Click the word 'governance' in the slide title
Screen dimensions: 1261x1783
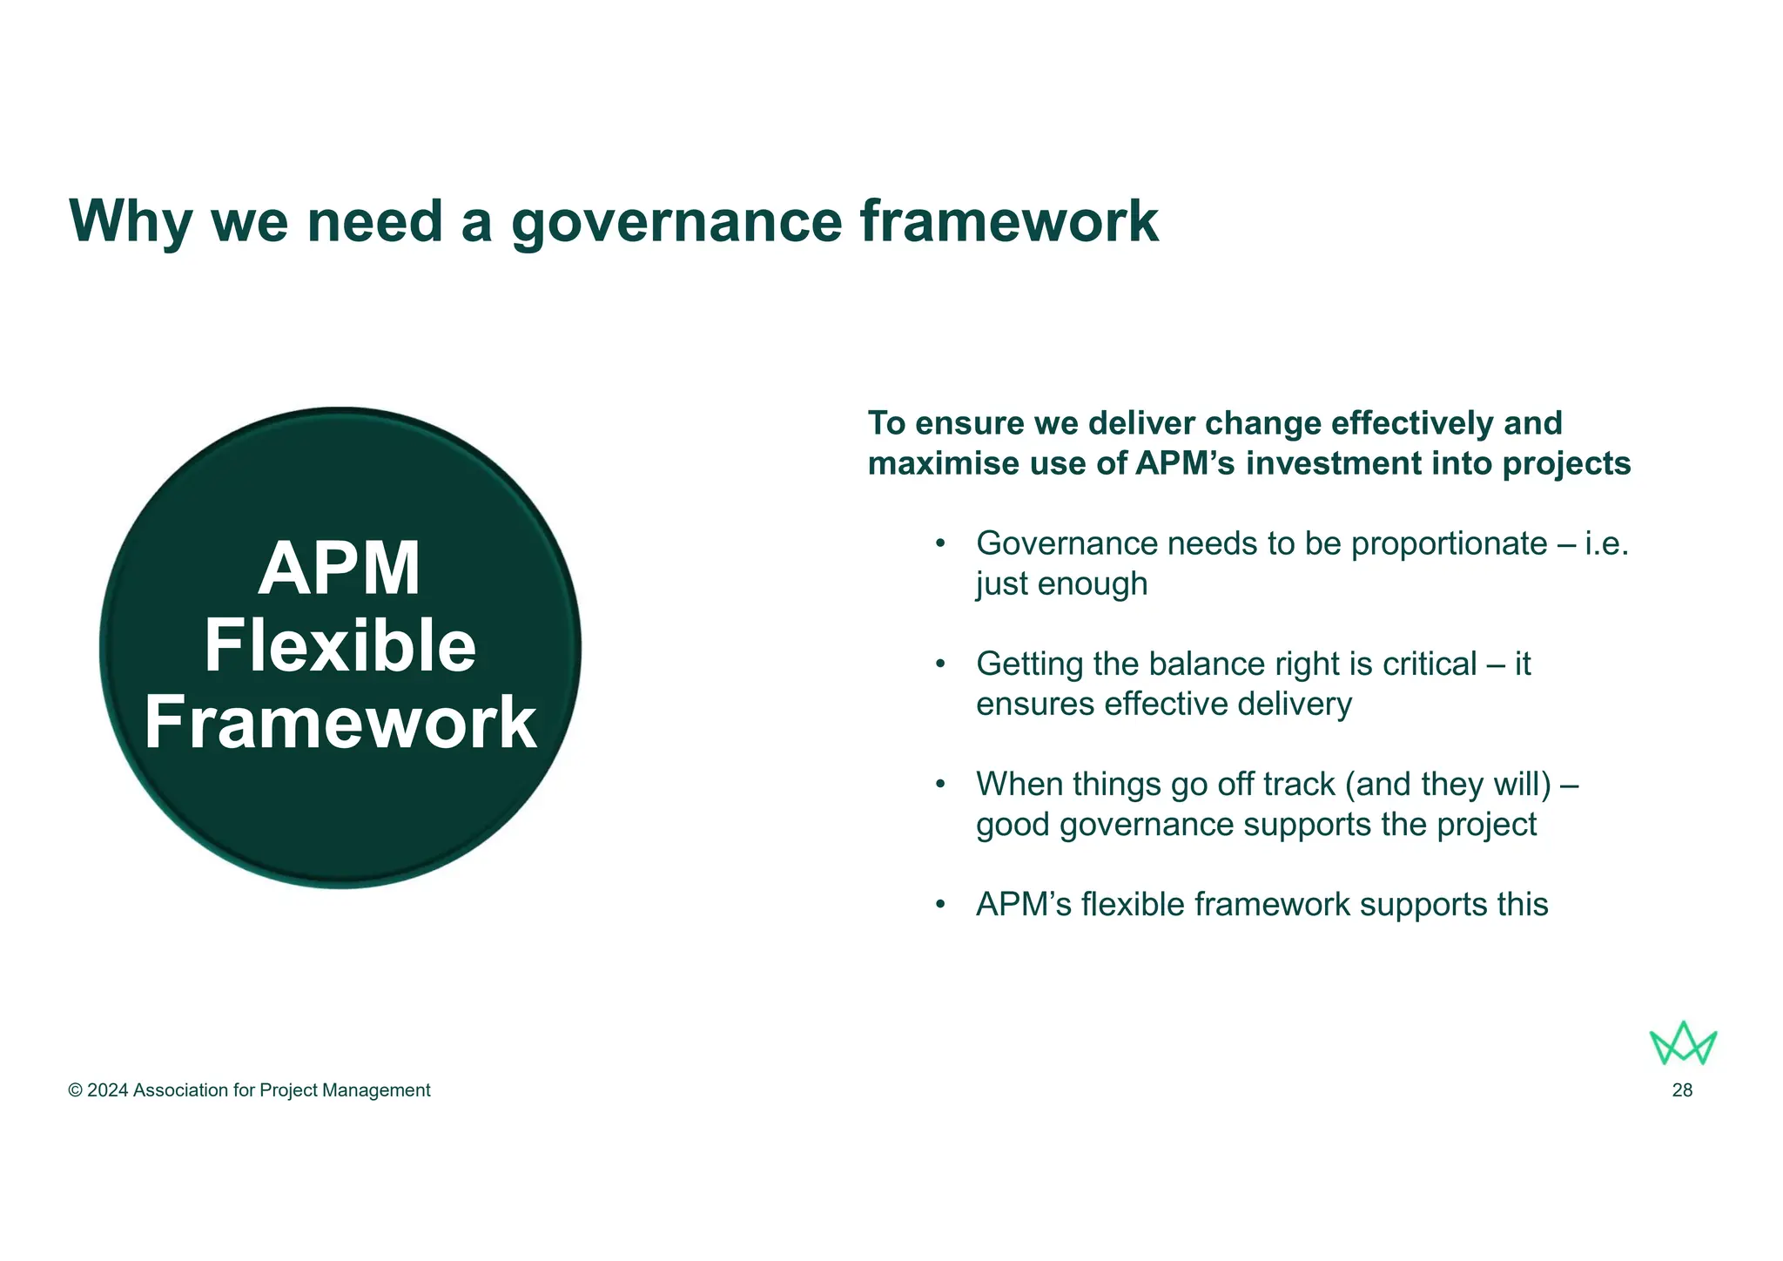click(676, 222)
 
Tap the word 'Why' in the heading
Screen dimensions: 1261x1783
click(131, 222)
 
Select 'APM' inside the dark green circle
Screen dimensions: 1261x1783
click(340, 570)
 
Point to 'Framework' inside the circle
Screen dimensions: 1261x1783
click(340, 723)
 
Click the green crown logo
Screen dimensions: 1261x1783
click(1683, 1043)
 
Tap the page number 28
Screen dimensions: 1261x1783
click(1682, 1090)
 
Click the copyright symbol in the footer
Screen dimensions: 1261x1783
click(76, 1090)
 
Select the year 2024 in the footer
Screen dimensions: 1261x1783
click(108, 1090)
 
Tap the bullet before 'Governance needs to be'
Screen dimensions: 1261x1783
click(939, 544)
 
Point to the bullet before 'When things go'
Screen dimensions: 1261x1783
click(939, 785)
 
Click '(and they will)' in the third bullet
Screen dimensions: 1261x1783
click(1448, 785)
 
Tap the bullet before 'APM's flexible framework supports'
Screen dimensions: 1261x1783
click(939, 905)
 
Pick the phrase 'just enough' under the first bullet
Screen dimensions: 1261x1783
click(1061, 583)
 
